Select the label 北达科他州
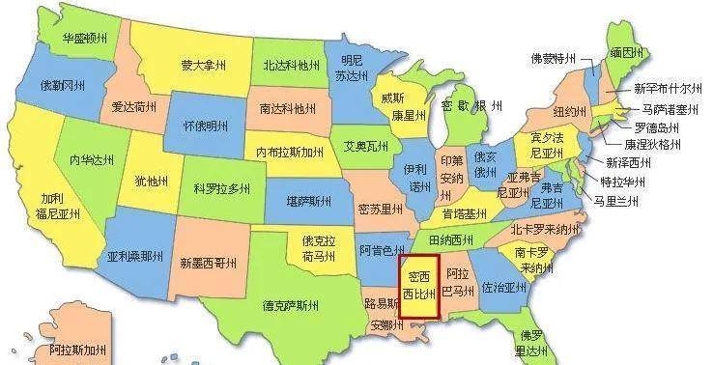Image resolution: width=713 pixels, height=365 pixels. pos(290,66)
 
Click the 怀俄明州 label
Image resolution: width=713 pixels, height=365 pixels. pos(205,126)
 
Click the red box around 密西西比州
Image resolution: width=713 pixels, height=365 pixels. pos(419,286)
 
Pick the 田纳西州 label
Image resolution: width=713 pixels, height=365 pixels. pos(451,239)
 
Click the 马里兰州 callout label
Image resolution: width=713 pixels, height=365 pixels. pos(616,200)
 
